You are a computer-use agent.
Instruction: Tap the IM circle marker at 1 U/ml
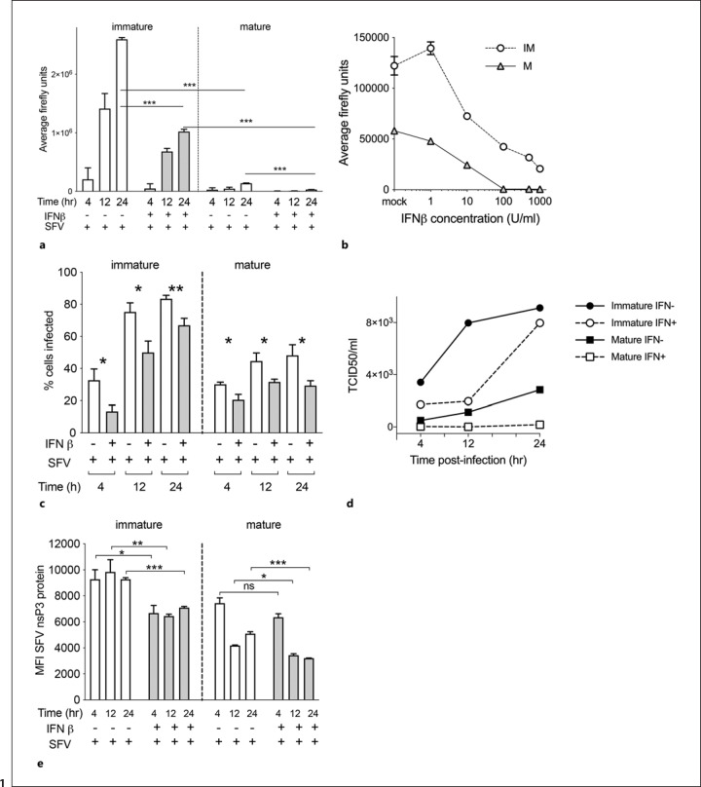430,49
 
